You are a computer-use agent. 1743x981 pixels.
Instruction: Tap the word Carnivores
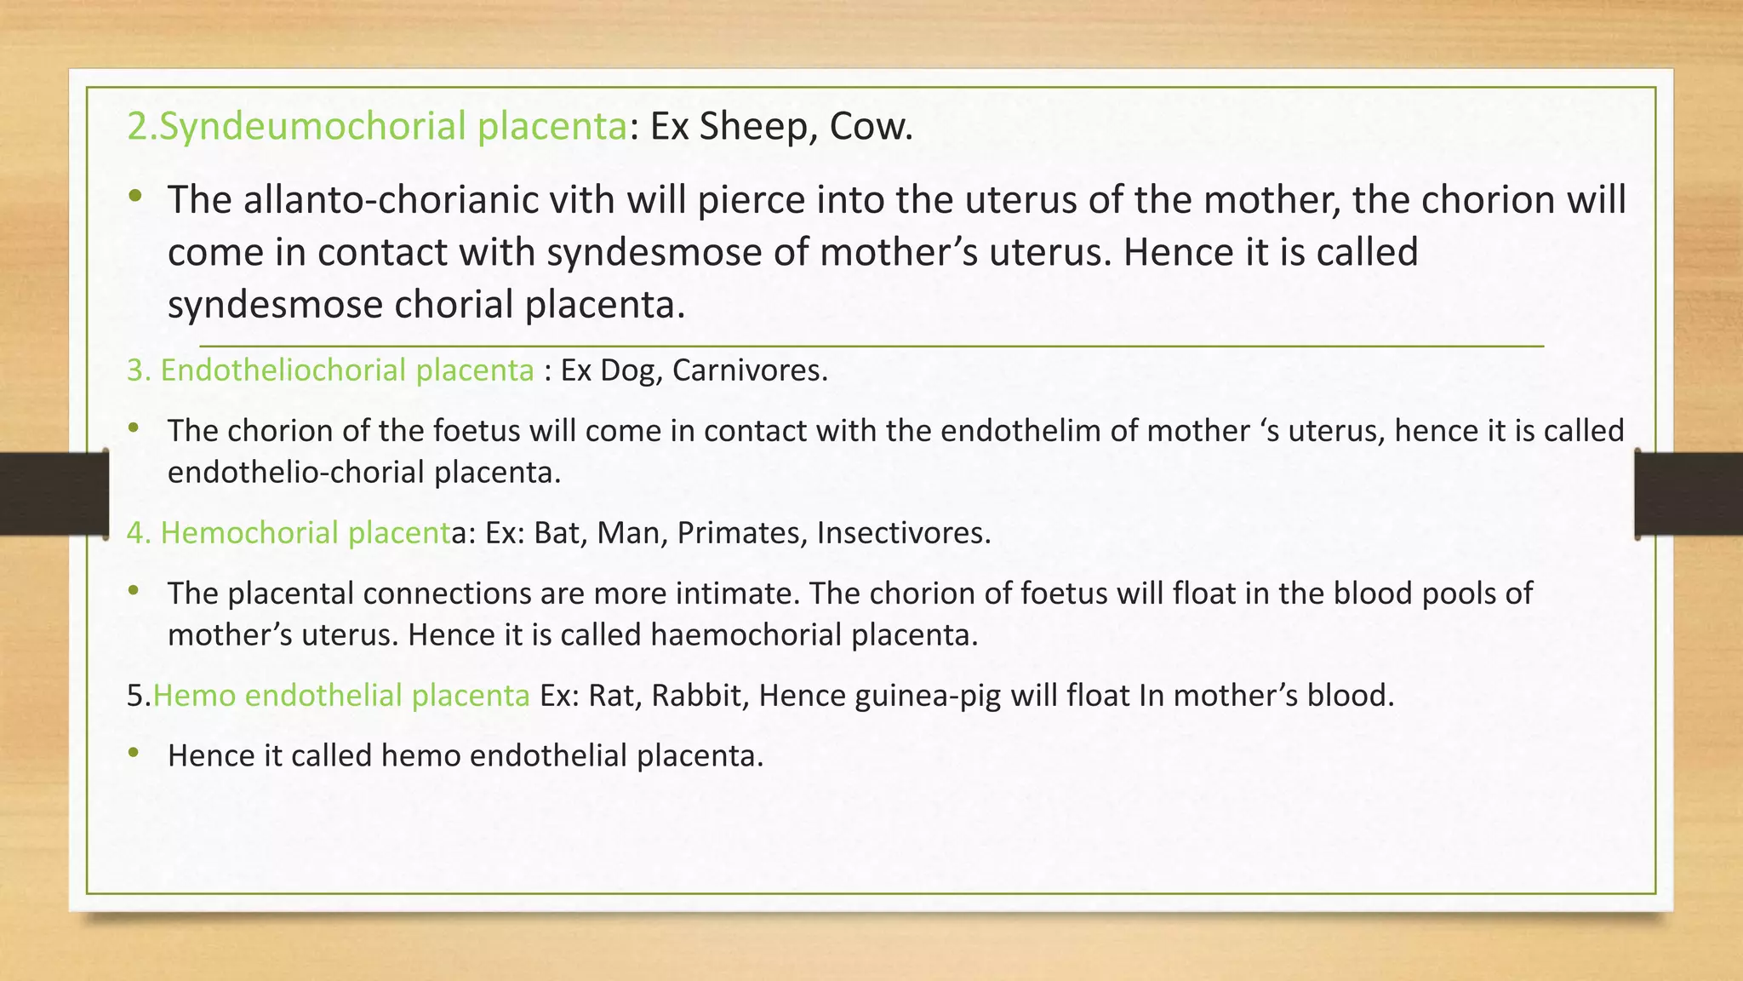coord(748,370)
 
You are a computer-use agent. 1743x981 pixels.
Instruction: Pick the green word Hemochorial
coord(249,533)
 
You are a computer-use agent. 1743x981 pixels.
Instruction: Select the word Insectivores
coord(903,533)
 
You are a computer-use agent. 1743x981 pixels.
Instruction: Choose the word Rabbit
coord(699,696)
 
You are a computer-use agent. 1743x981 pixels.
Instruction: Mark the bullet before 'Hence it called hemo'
coord(133,753)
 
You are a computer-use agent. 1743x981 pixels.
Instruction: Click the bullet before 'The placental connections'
coord(133,590)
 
